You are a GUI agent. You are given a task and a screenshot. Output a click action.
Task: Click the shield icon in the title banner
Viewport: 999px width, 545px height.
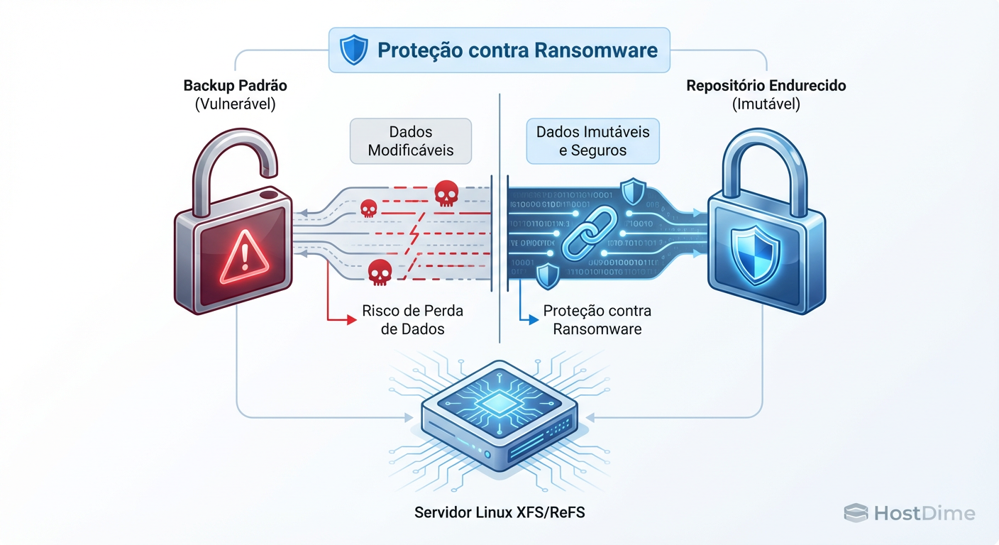click(353, 50)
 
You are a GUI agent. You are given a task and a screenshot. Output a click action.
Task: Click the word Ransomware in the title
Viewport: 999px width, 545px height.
click(596, 50)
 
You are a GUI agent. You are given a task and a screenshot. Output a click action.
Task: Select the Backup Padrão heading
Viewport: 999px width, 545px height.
click(236, 86)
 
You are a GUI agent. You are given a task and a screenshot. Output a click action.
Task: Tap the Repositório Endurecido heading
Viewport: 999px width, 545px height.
click(766, 86)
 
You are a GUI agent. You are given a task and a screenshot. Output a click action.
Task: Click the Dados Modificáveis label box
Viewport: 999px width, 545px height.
click(411, 141)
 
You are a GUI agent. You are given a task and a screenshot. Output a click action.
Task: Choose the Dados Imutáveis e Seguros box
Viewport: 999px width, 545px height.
click(592, 141)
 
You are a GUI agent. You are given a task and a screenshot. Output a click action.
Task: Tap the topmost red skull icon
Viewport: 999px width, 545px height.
click(445, 192)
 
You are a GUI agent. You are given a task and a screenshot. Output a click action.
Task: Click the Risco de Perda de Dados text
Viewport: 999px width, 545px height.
click(412, 320)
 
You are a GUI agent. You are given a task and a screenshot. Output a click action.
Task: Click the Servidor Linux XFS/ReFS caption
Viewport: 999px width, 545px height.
click(499, 512)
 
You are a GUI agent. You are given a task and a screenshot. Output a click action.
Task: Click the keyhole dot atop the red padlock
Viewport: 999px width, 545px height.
click(268, 194)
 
